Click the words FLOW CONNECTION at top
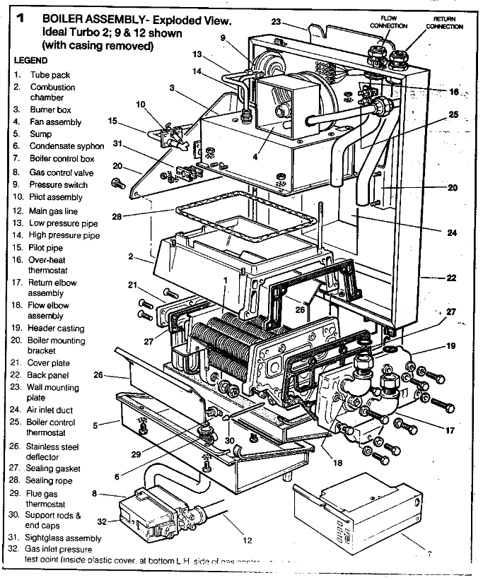point(388,22)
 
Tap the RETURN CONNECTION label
point(444,23)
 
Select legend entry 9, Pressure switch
point(54,185)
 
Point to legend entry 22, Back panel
point(48,375)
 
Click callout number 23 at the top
point(276,23)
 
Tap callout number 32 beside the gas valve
point(101,521)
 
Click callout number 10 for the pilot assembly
point(140,105)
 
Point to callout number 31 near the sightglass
point(119,144)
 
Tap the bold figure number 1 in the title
point(21,19)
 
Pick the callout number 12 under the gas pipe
point(247,541)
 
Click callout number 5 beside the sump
point(96,425)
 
